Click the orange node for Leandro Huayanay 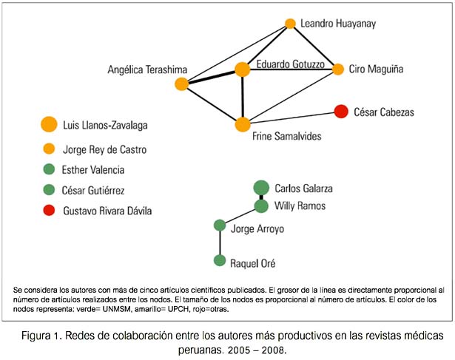click(x=290, y=24)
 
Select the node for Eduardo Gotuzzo click(x=243, y=69)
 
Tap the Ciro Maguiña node click(x=338, y=69)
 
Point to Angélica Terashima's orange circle click(x=182, y=84)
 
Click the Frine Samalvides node click(x=243, y=124)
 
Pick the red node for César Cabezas click(x=341, y=112)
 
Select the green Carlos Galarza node click(x=261, y=188)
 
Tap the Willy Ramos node click(x=261, y=206)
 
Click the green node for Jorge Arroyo click(x=220, y=225)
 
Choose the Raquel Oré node click(x=220, y=261)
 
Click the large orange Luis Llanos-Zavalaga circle click(x=49, y=124)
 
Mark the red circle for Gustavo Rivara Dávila click(x=49, y=210)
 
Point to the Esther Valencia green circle click(x=49, y=169)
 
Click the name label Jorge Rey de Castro click(x=105, y=150)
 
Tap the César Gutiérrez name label click(x=93, y=191)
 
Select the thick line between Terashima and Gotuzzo click(x=212, y=77)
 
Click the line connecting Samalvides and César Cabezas click(x=292, y=118)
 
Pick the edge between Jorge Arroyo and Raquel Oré click(x=220, y=243)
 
